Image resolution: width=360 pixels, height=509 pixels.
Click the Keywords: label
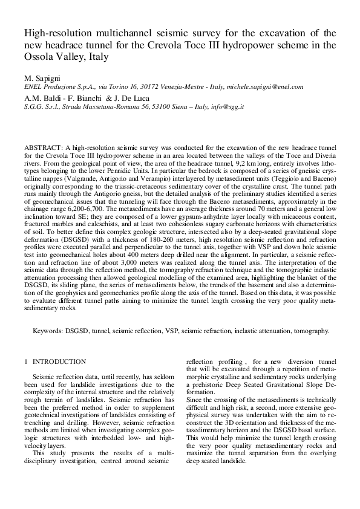tap(48, 331)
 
